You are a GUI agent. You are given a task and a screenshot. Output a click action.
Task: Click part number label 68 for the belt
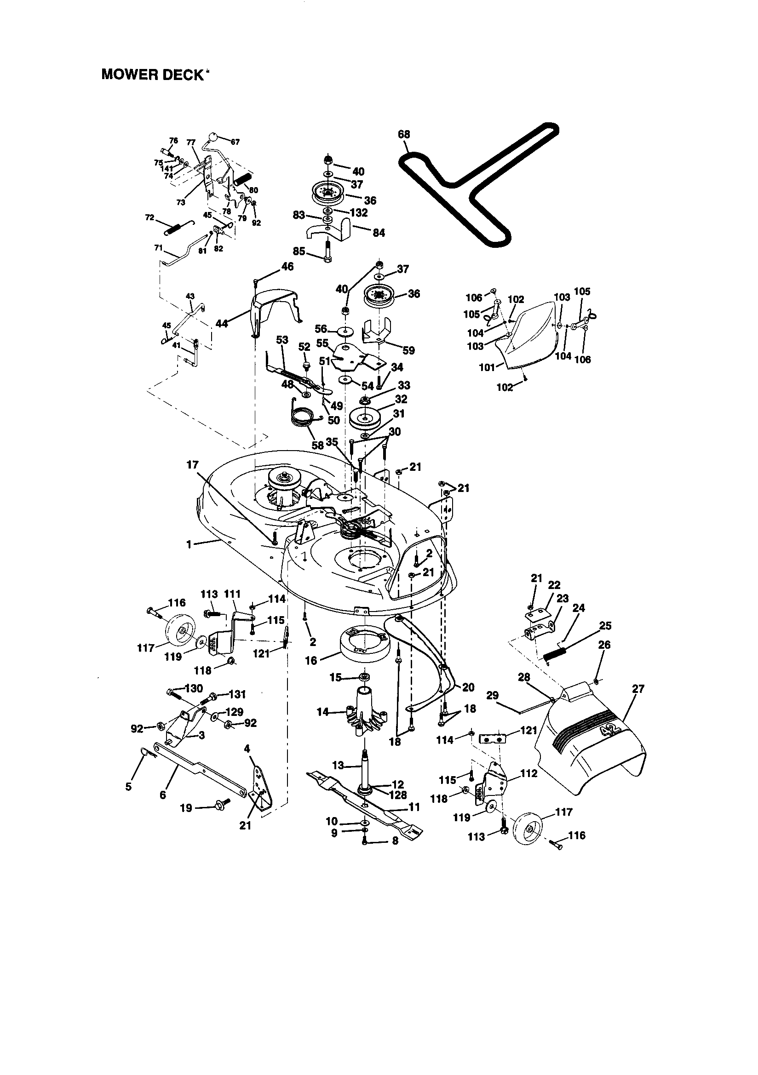tap(403, 135)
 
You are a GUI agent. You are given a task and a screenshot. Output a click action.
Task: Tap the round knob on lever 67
tap(212, 137)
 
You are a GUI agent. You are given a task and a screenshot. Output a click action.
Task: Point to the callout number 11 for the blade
tap(414, 807)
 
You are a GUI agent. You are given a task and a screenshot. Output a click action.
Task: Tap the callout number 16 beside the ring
tap(311, 661)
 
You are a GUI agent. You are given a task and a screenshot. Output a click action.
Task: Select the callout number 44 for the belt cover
tap(222, 323)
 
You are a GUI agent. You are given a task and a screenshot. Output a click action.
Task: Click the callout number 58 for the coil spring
tap(318, 445)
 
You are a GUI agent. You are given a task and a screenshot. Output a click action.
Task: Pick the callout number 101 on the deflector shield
tap(487, 367)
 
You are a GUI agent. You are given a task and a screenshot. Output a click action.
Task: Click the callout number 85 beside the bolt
tap(299, 252)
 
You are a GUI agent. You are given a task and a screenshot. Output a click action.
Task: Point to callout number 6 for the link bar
tap(162, 795)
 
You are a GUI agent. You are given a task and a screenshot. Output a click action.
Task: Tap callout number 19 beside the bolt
tap(186, 808)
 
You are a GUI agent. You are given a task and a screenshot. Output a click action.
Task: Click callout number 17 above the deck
tap(192, 465)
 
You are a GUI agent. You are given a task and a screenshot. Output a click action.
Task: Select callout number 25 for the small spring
tap(605, 626)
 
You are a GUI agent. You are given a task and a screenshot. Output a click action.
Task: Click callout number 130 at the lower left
tap(194, 688)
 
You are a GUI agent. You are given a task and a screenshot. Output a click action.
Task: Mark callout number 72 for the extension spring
tap(150, 218)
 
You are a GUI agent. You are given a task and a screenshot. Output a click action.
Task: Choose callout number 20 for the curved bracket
tap(468, 687)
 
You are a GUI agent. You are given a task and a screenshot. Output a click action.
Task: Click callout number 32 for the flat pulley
tap(401, 399)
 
